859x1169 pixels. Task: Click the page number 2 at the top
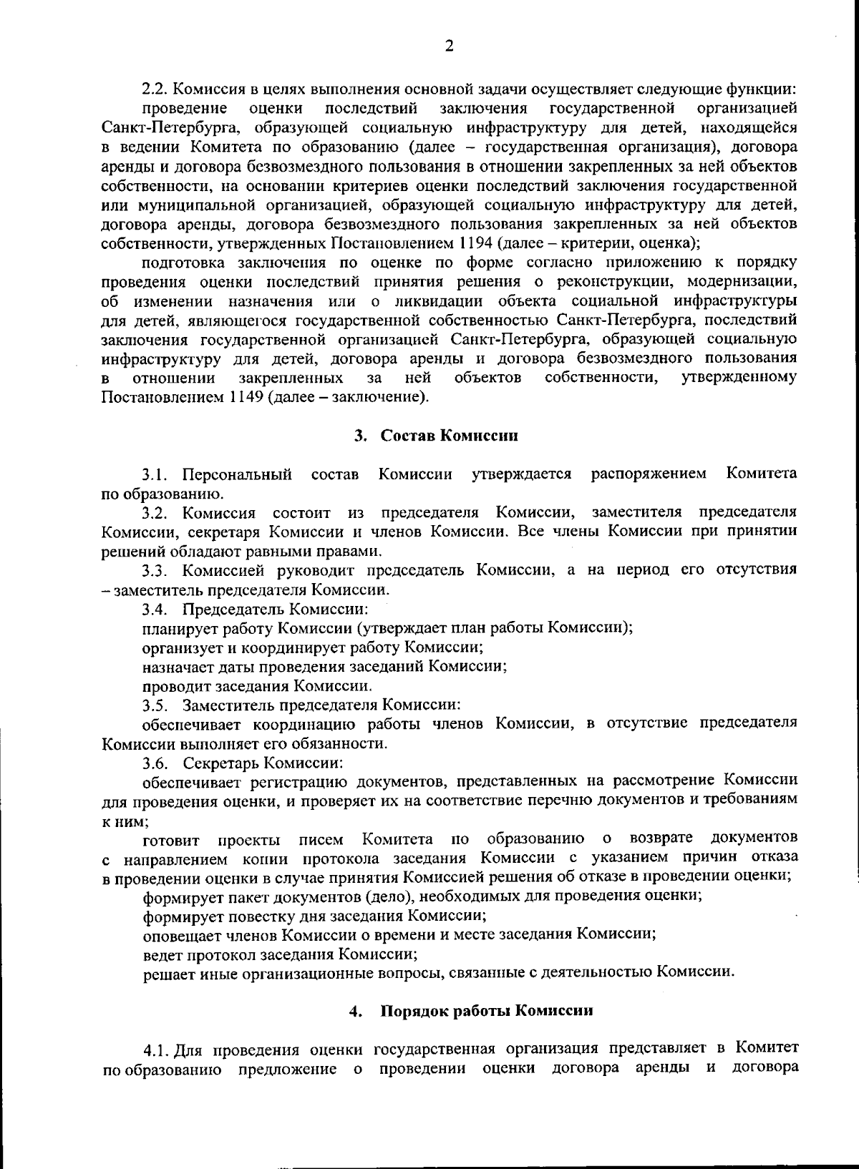click(x=449, y=47)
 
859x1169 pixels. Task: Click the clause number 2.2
click(x=154, y=89)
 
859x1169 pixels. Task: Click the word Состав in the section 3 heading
click(x=407, y=436)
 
